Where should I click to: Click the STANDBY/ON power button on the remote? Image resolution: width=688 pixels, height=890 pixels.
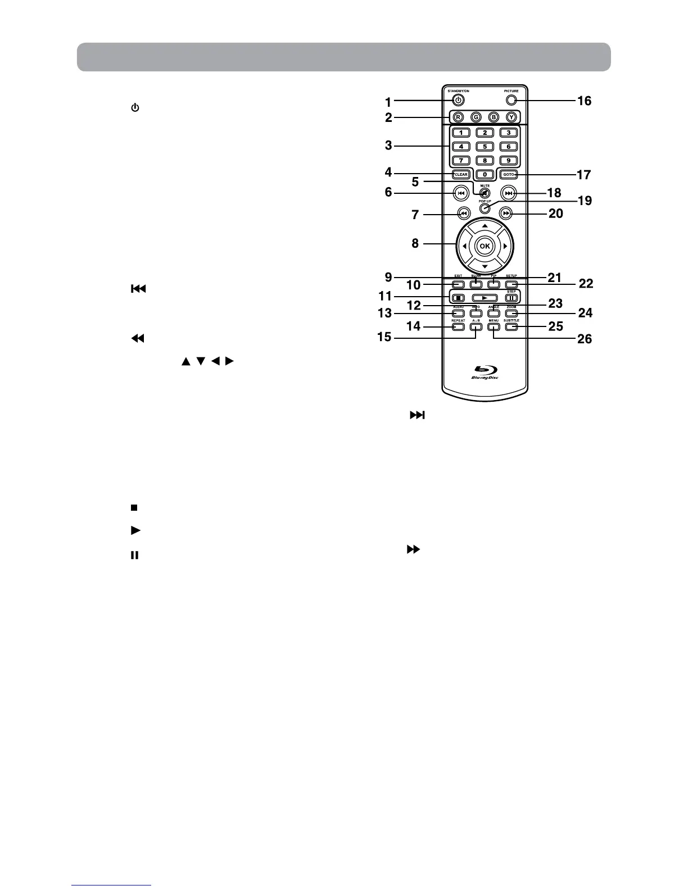[459, 101]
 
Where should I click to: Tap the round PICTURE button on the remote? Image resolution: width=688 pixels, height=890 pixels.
[510, 101]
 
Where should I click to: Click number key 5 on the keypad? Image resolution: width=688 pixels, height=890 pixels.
[485, 146]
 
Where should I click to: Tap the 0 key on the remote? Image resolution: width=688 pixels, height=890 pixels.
[485, 174]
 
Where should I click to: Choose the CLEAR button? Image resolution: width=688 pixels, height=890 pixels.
[460, 174]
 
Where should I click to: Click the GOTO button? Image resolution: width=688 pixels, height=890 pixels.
[509, 174]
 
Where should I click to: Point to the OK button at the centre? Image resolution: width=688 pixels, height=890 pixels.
[485, 246]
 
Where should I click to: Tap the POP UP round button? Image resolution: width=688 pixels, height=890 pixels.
[484, 208]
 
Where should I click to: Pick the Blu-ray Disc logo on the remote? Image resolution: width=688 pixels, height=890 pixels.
[485, 372]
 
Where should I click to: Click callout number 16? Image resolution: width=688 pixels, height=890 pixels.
[584, 101]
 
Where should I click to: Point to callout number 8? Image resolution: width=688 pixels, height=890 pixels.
[415, 244]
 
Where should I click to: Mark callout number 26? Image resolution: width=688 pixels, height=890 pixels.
[585, 339]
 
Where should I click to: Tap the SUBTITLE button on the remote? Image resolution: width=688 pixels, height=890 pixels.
[511, 326]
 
